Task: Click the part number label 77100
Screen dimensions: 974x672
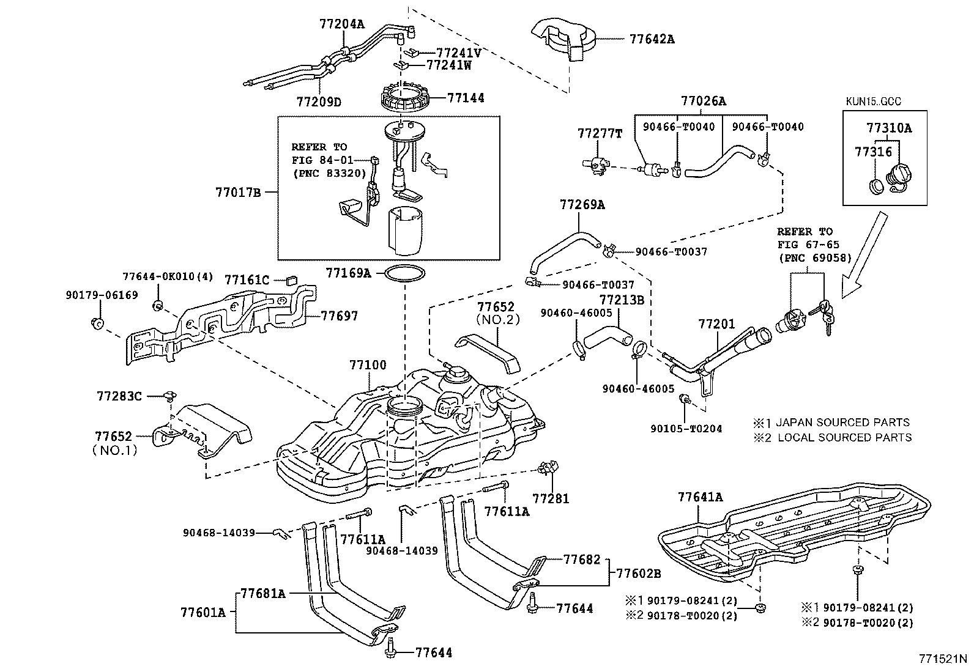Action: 368,364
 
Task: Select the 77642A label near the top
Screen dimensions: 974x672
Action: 652,39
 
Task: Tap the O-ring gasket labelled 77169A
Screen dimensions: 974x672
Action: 405,273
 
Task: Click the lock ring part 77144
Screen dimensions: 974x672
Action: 405,97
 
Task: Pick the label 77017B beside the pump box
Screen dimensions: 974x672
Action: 238,192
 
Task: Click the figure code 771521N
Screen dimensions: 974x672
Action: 942,659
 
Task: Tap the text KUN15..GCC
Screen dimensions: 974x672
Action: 873,102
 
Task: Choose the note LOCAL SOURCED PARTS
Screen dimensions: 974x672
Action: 844,437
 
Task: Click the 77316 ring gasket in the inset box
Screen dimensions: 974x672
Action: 877,186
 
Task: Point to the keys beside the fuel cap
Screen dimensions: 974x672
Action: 823,316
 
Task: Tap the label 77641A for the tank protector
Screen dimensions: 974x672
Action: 701,497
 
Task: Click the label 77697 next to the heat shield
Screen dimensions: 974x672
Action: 340,316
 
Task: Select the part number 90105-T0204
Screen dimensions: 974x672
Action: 686,429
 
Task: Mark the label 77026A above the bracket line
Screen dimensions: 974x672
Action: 704,101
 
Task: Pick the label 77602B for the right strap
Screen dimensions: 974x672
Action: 639,574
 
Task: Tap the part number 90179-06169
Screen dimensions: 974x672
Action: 102,295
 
